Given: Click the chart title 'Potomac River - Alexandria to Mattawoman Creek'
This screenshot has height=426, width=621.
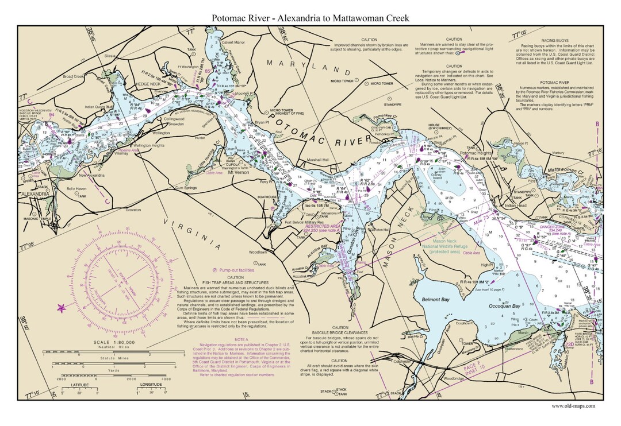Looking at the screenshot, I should pos(310,18).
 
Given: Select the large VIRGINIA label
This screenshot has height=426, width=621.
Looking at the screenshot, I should pos(192,234).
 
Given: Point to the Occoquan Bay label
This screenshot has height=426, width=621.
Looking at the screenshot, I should pos(504,306).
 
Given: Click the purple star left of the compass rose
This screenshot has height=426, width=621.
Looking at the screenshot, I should pos(61,308).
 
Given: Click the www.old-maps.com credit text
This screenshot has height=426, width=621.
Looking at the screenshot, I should pos(573,406).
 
